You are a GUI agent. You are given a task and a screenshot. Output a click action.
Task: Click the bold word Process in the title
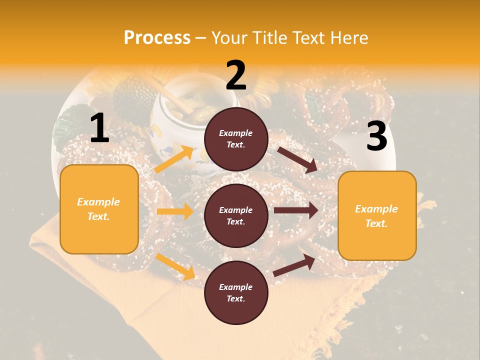click(x=157, y=38)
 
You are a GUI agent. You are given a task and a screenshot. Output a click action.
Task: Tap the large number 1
click(x=99, y=128)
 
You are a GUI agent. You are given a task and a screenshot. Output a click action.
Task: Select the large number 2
click(x=236, y=75)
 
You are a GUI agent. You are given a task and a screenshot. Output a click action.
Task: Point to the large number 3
click(x=376, y=136)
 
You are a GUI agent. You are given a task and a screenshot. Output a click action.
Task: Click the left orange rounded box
click(x=99, y=209)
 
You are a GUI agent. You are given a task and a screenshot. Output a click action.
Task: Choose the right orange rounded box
click(x=377, y=215)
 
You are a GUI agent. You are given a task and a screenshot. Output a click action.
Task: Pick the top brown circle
click(x=236, y=139)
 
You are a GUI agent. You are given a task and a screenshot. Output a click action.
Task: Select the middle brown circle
click(x=236, y=215)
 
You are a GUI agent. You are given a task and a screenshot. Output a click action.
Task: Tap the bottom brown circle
click(x=236, y=292)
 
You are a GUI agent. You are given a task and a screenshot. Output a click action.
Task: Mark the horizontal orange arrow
click(x=175, y=211)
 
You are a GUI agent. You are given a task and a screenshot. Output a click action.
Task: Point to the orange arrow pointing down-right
click(x=175, y=267)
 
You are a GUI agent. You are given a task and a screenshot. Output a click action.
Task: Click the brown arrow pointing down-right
click(x=297, y=159)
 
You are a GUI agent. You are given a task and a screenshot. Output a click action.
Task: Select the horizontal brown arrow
click(x=296, y=210)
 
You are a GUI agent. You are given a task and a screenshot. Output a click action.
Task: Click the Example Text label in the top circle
click(x=236, y=139)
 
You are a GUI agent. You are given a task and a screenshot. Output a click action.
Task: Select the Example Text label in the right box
click(x=376, y=216)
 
